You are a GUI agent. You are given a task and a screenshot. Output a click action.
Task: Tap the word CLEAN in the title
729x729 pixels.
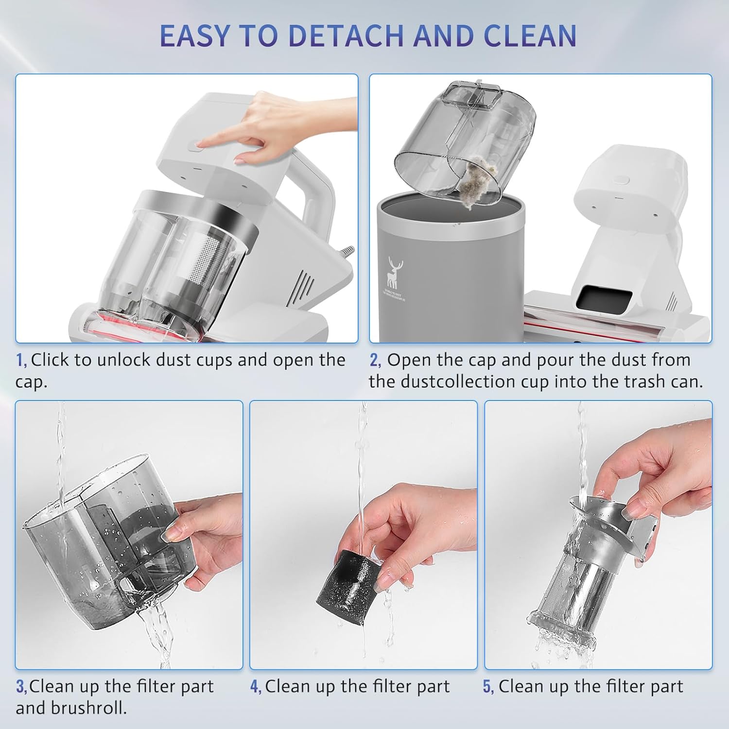(530, 35)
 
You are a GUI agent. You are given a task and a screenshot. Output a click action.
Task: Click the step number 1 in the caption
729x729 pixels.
(20, 361)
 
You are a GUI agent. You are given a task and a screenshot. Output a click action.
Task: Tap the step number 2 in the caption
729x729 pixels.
(374, 361)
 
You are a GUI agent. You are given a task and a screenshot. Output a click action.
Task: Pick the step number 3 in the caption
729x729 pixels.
(20, 687)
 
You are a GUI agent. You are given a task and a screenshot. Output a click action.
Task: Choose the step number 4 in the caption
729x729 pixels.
(255, 687)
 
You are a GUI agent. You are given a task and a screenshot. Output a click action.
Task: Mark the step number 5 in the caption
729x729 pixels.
(488, 687)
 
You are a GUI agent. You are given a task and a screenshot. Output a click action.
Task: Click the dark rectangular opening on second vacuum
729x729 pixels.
(601, 297)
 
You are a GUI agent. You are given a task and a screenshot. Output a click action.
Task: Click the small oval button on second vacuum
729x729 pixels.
(621, 179)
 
